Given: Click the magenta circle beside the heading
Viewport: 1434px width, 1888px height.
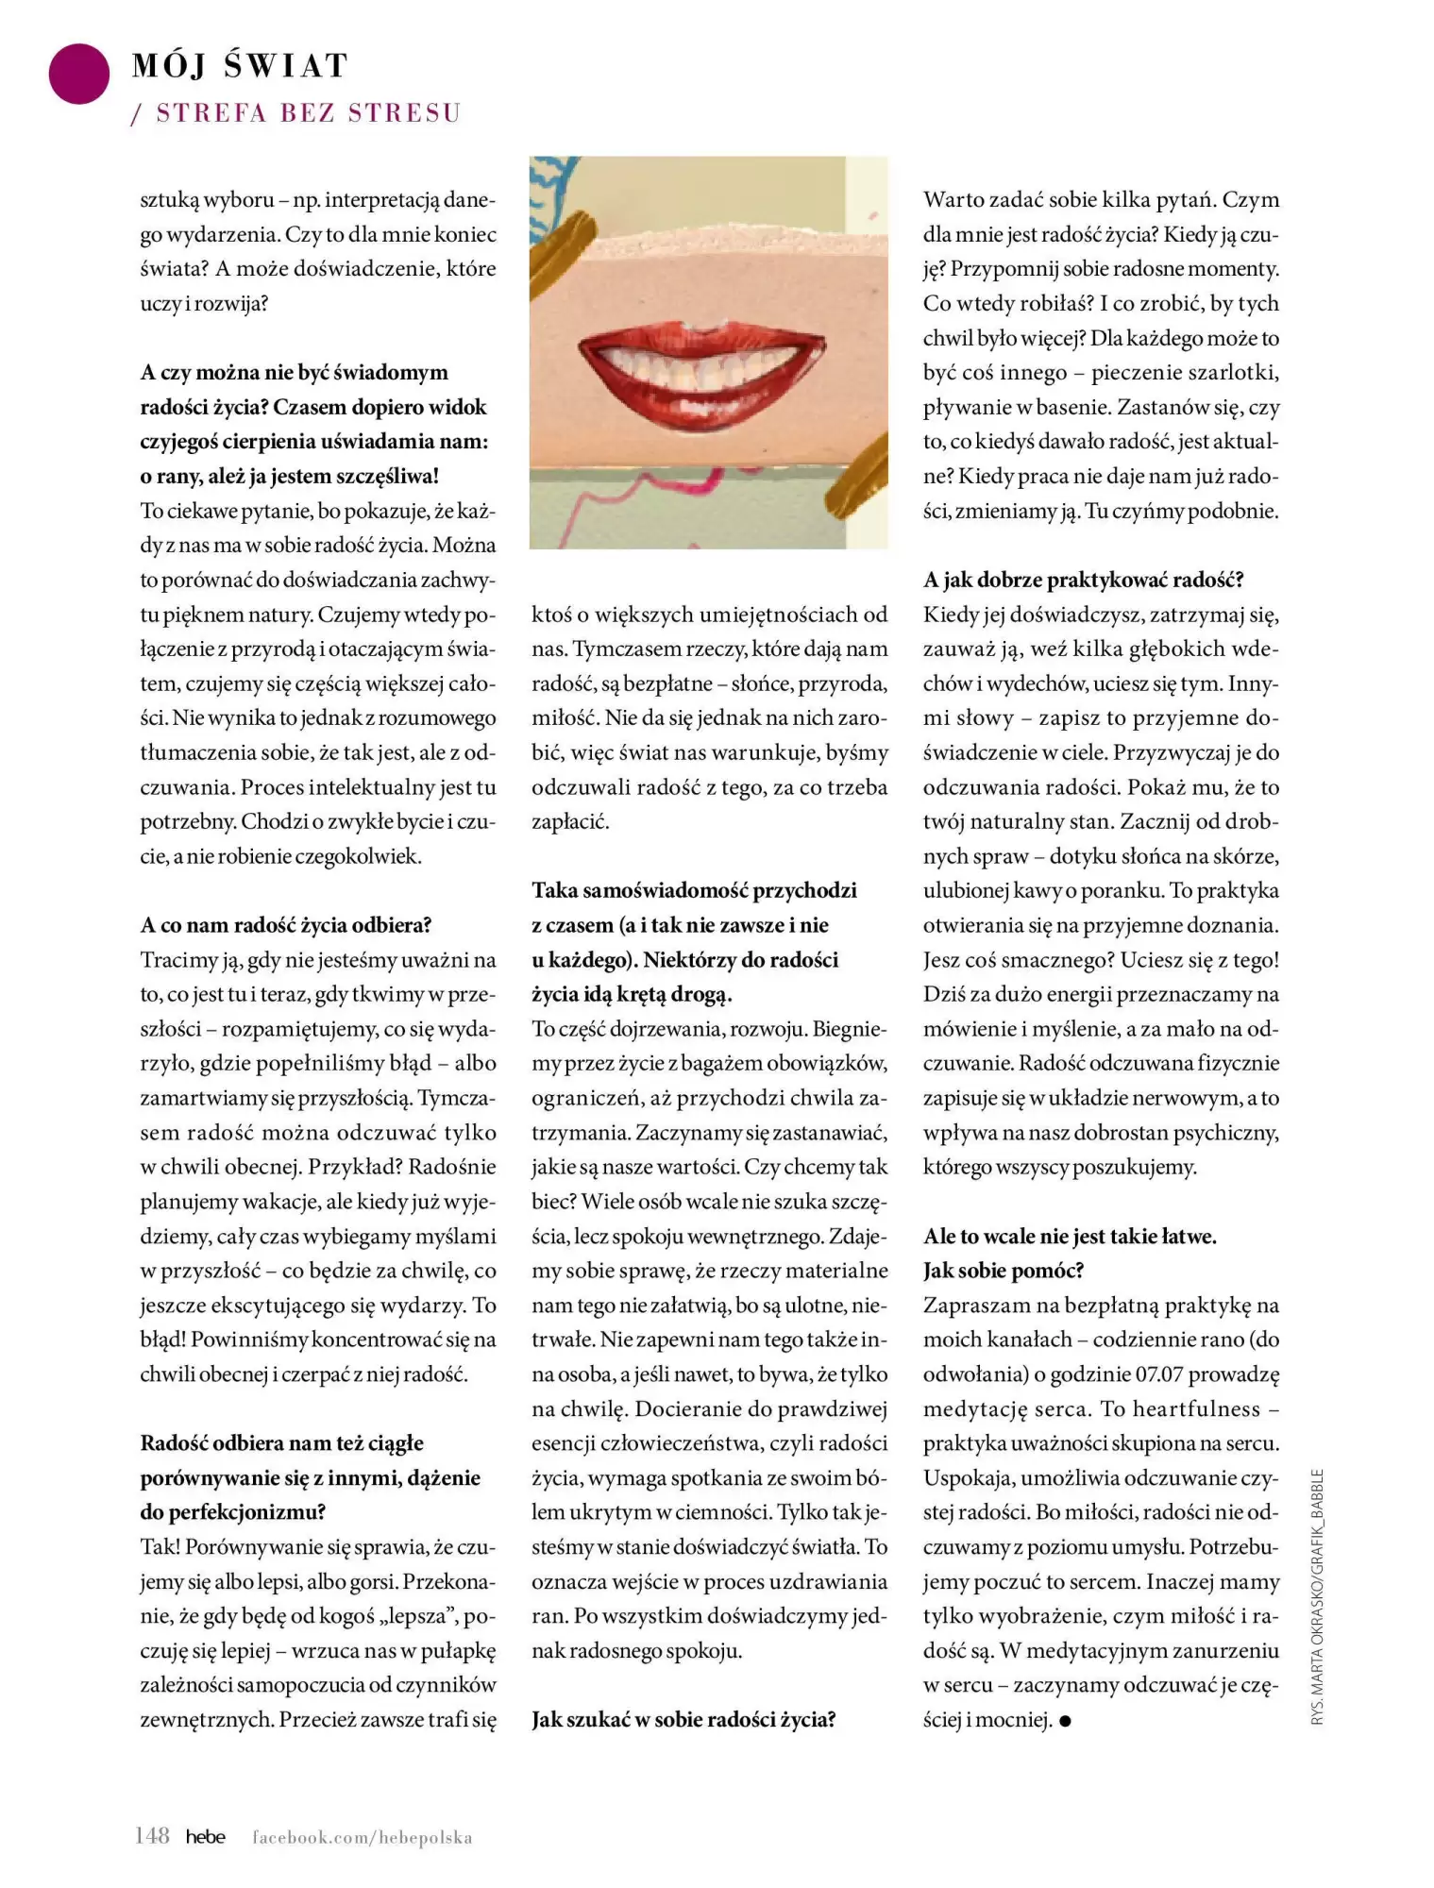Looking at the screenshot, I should (79, 74).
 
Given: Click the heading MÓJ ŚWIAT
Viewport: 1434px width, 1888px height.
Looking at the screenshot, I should (241, 66).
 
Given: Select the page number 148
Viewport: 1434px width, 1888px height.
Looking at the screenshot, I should (152, 1836).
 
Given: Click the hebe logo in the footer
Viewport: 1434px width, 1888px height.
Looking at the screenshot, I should (205, 1837).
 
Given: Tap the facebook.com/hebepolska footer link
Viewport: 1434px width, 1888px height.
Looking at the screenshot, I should (362, 1838).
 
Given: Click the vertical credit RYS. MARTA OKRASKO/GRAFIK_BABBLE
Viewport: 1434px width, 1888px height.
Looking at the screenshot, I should (1318, 1596).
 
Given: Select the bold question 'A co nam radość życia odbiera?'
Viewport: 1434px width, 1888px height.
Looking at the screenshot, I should (285, 925).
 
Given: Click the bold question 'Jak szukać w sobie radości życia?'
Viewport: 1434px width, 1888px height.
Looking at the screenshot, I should (683, 1720).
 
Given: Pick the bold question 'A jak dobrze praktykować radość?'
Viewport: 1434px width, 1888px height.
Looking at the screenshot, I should (1083, 580).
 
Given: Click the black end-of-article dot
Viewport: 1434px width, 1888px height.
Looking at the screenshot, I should (1066, 1721).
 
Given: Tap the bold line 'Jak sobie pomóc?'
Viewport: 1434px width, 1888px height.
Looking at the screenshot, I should (1004, 1271).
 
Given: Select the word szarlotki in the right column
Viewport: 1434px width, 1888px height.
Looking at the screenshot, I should (1232, 373).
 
